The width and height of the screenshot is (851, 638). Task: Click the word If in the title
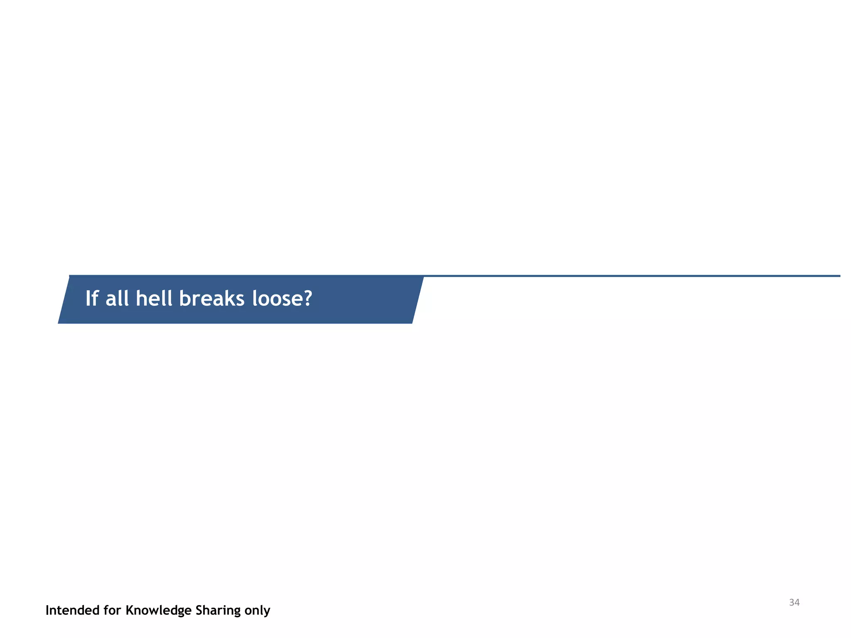point(91,298)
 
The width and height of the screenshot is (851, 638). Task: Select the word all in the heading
point(117,298)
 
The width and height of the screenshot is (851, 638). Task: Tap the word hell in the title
point(154,298)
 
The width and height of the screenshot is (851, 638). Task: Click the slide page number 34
point(794,602)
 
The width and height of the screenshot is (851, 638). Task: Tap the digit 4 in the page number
point(797,602)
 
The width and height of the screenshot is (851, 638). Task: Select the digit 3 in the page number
point(792,602)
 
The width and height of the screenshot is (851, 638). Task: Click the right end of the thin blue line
point(839,276)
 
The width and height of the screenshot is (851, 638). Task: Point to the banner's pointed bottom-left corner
point(59,322)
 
